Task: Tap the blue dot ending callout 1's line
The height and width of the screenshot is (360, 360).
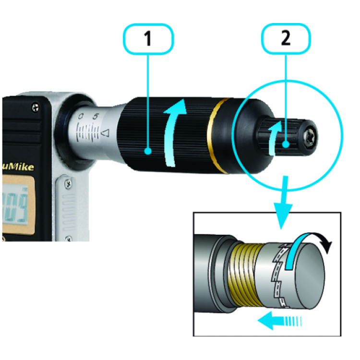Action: point(148,152)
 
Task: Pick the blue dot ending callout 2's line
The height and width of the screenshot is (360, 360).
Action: point(285,143)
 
